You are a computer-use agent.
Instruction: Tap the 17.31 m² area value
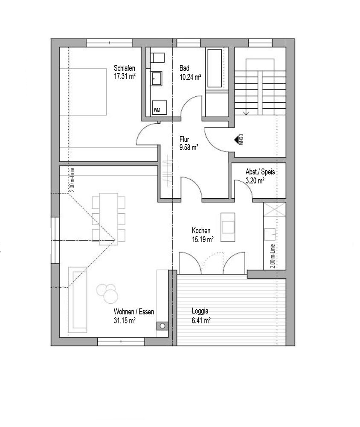125,77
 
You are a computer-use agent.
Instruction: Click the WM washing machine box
157,110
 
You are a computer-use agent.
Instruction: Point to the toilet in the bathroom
158,58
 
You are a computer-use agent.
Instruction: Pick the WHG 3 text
241,140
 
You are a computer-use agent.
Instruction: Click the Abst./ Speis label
260,172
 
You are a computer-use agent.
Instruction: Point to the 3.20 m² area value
255,180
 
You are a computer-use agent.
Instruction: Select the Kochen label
201,231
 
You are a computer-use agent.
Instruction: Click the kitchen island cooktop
227,227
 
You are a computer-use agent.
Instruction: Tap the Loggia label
200,311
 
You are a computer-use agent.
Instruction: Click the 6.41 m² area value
201,320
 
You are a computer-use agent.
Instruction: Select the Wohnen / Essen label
134,312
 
